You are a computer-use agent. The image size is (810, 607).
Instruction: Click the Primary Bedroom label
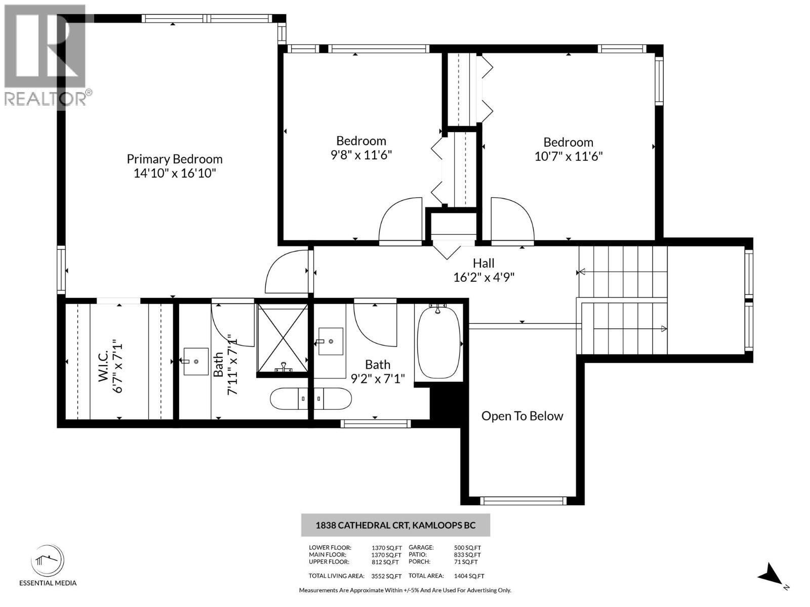[174, 159]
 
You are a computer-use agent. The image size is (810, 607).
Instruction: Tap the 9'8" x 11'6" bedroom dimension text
[361, 155]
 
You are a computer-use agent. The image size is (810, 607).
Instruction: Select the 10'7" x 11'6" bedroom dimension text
[568, 156]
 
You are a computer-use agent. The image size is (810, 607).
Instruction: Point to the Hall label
[483, 263]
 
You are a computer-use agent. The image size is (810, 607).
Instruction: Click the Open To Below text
[522, 416]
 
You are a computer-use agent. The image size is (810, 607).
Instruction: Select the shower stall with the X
[282, 337]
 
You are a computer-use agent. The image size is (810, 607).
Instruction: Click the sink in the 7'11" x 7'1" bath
[195, 361]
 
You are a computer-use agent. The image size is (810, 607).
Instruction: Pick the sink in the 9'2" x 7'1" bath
[330, 341]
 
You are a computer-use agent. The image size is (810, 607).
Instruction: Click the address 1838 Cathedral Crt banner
[395, 525]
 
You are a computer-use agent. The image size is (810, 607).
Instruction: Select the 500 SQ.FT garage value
[467, 547]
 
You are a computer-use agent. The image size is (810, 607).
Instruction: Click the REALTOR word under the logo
[46, 99]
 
